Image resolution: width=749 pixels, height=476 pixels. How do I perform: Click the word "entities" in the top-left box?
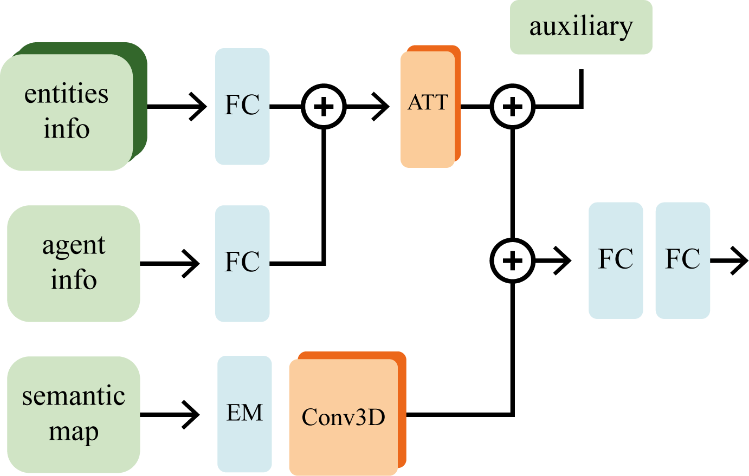pos(66,94)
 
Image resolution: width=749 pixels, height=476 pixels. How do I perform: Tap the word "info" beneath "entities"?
pos(66,129)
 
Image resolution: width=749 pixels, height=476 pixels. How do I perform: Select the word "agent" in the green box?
pos(73,245)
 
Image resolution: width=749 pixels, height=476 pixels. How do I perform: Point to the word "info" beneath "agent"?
pos(73,280)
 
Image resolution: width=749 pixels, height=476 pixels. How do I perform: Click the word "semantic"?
pos(73,396)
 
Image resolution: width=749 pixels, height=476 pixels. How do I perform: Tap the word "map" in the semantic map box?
pos(73,432)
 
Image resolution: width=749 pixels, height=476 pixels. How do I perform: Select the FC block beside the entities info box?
pos(242,106)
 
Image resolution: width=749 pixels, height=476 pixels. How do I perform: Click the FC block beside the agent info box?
pos(242,263)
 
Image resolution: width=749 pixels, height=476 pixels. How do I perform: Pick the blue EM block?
pos(244,414)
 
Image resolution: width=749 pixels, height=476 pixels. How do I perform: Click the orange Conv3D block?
pos(343,417)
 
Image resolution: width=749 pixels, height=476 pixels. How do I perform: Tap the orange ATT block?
pos(428,109)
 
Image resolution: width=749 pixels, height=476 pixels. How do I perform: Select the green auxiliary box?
pos(581,27)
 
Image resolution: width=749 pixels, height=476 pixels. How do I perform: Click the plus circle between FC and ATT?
pos(324,106)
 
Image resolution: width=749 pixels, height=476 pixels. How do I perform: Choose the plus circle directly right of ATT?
pos(512,106)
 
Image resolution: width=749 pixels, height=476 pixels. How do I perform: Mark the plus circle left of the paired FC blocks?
pos(512,260)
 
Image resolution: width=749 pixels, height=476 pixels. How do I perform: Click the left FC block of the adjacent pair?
pos(616,260)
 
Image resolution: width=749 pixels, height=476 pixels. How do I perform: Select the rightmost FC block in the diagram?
pos(682,260)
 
